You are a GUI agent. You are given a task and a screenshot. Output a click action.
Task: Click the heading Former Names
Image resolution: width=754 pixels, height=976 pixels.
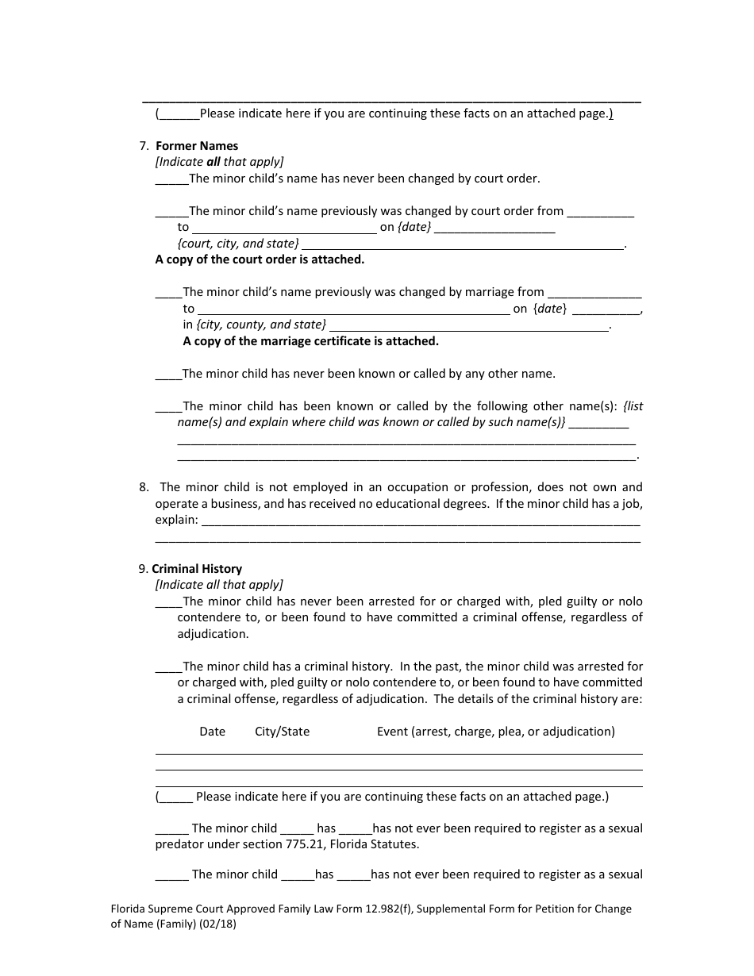[x=197, y=146]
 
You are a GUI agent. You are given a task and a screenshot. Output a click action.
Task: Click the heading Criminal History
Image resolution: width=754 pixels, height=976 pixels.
[x=197, y=569]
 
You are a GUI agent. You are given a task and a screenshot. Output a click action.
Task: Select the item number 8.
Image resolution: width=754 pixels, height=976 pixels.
[x=143, y=487]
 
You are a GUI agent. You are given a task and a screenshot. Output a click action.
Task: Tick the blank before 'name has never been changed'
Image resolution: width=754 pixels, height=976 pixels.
[x=171, y=179]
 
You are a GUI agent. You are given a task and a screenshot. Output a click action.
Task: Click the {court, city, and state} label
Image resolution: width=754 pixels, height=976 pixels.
[x=238, y=244]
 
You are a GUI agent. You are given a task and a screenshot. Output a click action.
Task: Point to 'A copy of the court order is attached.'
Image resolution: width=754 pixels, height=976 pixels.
[x=260, y=259]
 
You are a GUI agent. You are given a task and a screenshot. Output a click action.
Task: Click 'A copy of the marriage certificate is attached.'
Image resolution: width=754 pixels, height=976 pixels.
[x=310, y=341]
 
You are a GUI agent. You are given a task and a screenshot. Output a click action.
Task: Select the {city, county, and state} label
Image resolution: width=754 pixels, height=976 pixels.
[x=254, y=325]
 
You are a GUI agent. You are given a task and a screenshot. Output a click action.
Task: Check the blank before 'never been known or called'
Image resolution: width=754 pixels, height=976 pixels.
[x=168, y=375]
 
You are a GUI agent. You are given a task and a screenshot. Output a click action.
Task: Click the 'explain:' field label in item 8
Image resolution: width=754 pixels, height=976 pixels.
[x=176, y=520]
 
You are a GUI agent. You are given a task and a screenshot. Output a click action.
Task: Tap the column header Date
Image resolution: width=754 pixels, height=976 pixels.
[x=213, y=732]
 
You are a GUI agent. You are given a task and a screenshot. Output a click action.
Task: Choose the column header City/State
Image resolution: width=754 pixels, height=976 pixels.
[x=282, y=732]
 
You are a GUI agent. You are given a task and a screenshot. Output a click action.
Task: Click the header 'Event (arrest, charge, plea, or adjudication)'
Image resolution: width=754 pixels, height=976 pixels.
[x=495, y=732]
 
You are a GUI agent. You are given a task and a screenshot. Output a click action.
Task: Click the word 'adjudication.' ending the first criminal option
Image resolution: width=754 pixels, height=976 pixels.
[x=213, y=634]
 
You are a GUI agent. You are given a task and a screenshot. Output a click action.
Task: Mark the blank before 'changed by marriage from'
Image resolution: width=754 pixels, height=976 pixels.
[x=168, y=293]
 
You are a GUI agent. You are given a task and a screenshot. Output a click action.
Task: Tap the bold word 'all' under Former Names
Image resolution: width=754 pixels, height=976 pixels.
[x=213, y=162]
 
